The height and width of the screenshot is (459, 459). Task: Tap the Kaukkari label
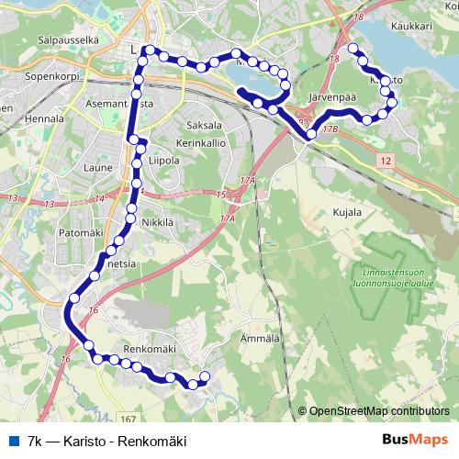[x=409, y=28]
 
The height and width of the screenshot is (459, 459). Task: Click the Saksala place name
[x=205, y=124]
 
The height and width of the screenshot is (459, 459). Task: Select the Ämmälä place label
[x=259, y=339]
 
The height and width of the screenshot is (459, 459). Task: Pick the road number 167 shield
[x=127, y=393]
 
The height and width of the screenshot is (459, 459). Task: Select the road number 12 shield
[x=385, y=161]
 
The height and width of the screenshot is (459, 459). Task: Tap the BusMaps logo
[x=415, y=441]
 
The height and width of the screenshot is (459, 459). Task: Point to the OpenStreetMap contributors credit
[x=377, y=411]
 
